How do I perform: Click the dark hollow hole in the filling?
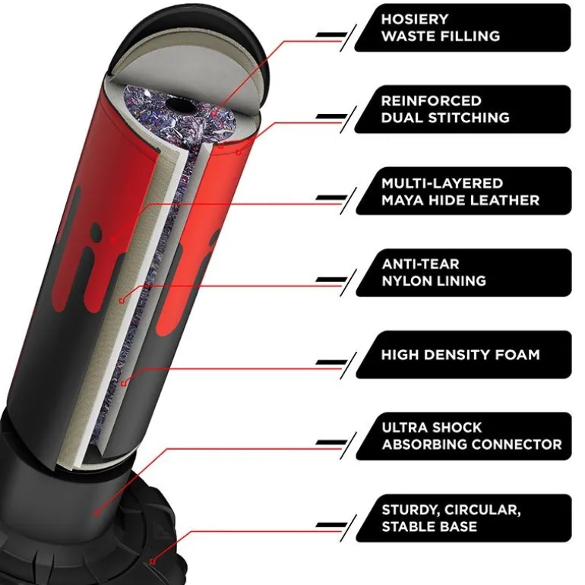181,106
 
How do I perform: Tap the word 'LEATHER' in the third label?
504,201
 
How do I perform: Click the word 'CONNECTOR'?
517,444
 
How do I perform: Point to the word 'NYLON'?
405,281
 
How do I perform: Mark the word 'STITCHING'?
469,118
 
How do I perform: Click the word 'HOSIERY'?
415,19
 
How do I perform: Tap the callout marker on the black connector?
97,513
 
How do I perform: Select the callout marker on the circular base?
153,561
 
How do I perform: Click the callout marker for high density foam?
124,383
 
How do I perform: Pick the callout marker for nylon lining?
122,300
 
